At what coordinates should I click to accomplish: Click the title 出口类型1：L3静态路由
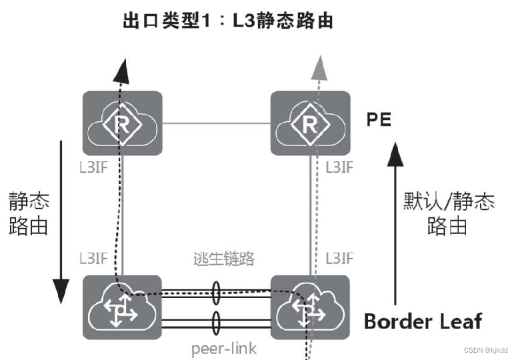(x=227, y=21)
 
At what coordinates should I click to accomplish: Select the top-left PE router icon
(x=122, y=123)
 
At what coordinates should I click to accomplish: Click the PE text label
(x=379, y=120)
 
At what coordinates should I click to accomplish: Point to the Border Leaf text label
(x=422, y=321)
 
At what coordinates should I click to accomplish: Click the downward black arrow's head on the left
(x=61, y=289)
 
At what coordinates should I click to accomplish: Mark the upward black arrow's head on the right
(x=396, y=155)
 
